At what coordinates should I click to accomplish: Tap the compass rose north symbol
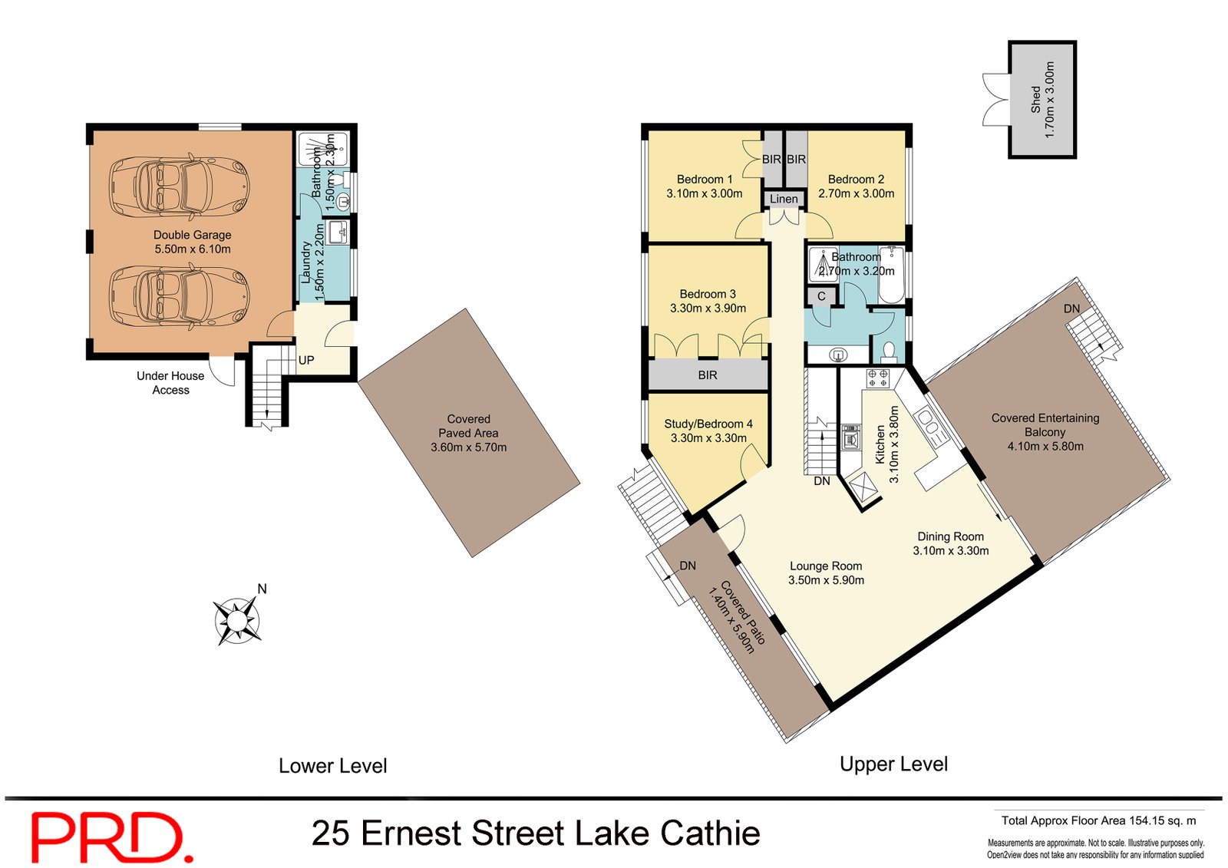click(238, 618)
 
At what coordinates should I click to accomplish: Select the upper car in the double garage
click(178, 186)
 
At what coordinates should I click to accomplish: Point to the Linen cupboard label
click(784, 199)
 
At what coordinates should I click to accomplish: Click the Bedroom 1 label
click(704, 179)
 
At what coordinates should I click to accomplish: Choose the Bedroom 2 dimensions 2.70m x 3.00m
click(856, 193)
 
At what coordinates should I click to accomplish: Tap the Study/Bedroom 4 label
click(708, 424)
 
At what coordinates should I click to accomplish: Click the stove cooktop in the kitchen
click(877, 378)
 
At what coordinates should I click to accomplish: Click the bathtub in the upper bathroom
click(892, 275)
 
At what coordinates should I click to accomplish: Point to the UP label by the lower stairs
click(306, 360)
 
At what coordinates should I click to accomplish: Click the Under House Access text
click(170, 382)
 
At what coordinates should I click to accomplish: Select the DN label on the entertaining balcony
click(1071, 309)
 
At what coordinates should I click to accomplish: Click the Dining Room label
click(950, 536)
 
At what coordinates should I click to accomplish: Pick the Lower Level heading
click(332, 765)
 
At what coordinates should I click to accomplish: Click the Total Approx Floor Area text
click(1098, 820)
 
